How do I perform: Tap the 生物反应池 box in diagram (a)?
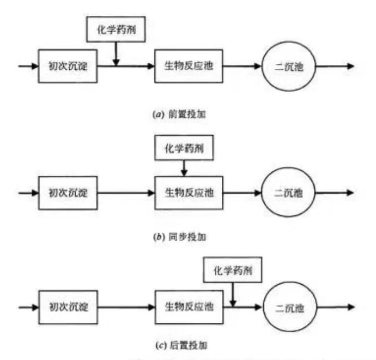coord(189,66)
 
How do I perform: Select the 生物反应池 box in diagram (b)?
coord(189,193)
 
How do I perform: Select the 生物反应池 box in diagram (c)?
coord(189,307)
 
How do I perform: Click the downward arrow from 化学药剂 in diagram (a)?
coord(116,54)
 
